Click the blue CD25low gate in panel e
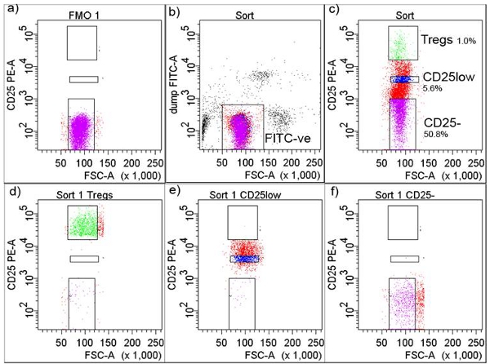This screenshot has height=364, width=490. click(242, 259)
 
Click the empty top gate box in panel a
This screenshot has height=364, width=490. click(82, 42)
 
